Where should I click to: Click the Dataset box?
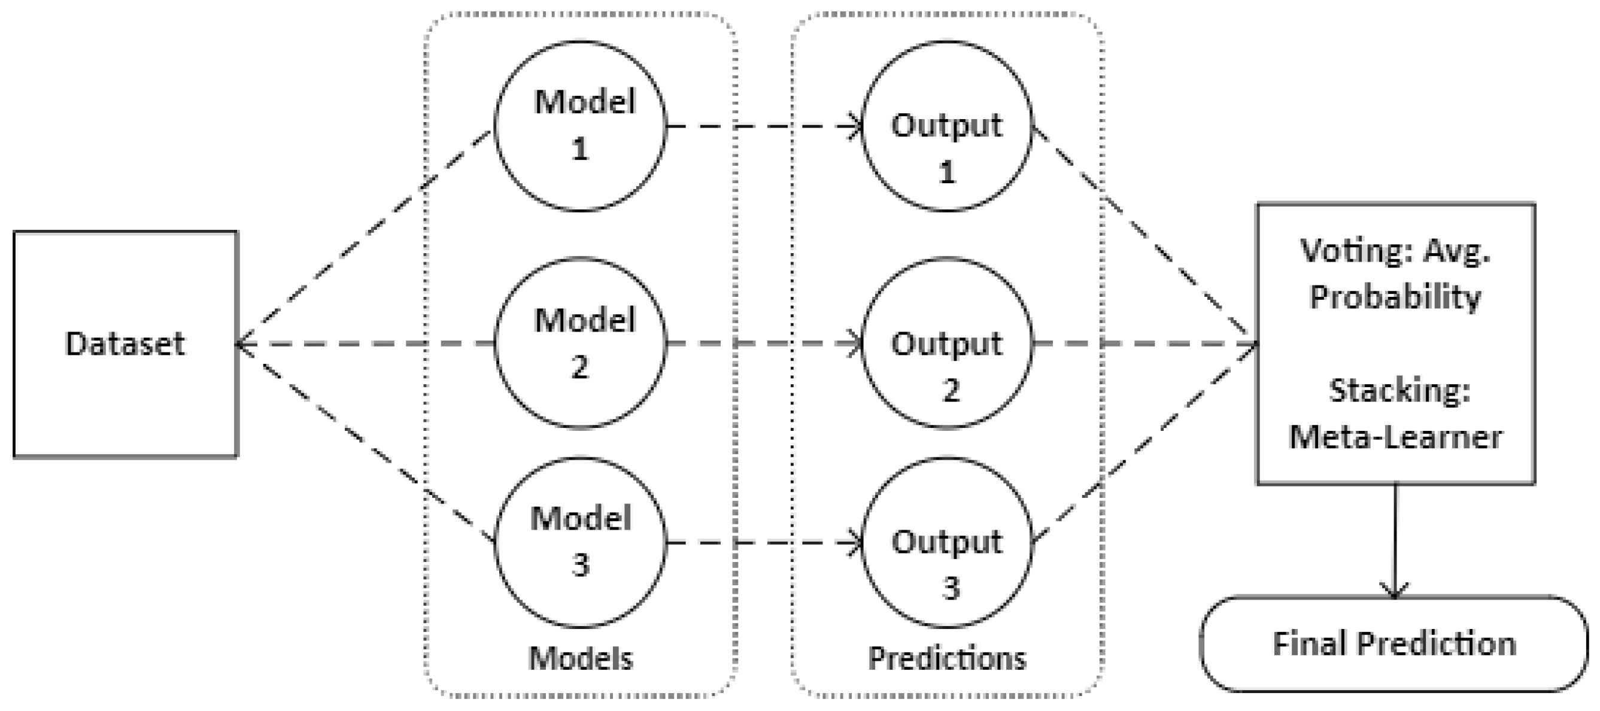(125, 344)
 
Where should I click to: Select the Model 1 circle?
(580, 126)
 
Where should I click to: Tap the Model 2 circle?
(580, 343)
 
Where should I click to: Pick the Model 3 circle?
(580, 542)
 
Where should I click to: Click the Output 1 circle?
(946, 126)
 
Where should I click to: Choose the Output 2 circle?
(946, 343)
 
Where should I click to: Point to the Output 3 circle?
(946, 542)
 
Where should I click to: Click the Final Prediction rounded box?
(1393, 643)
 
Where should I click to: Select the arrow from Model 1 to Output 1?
(764, 126)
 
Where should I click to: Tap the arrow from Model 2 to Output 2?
(764, 343)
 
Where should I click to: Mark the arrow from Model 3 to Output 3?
(764, 543)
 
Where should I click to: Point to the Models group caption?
(580, 658)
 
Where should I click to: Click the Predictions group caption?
(946, 658)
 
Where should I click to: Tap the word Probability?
(1395, 297)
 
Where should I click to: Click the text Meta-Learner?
(1395, 437)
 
